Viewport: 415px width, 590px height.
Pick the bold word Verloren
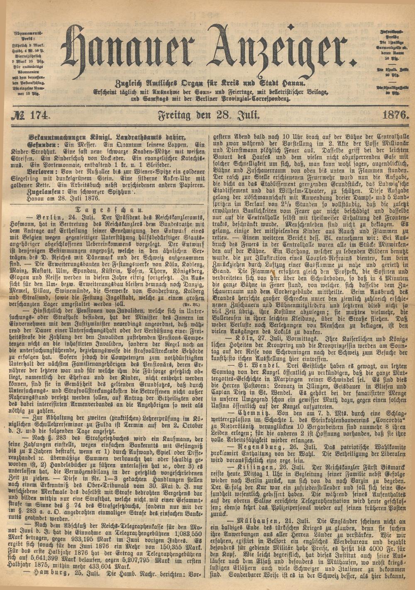(42, 170)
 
